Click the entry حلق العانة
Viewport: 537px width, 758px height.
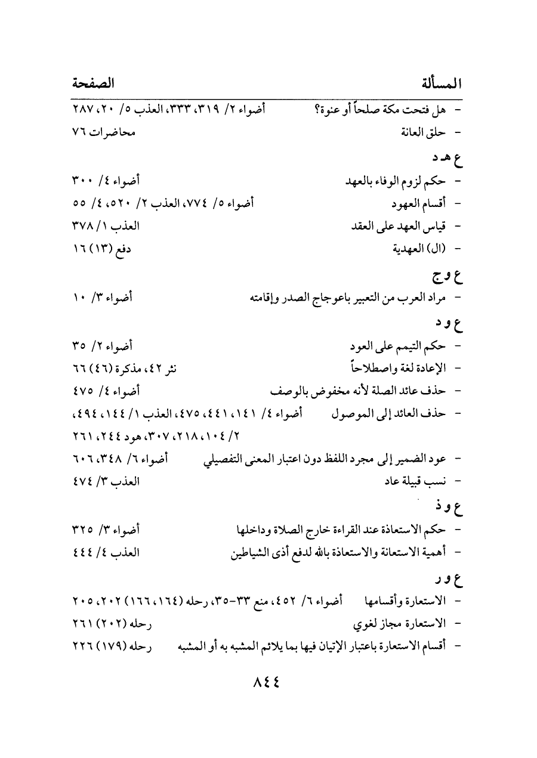423,132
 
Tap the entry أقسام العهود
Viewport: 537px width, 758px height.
418,203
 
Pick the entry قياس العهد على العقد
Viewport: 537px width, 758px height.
402,227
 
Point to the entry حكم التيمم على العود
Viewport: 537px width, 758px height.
398,345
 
